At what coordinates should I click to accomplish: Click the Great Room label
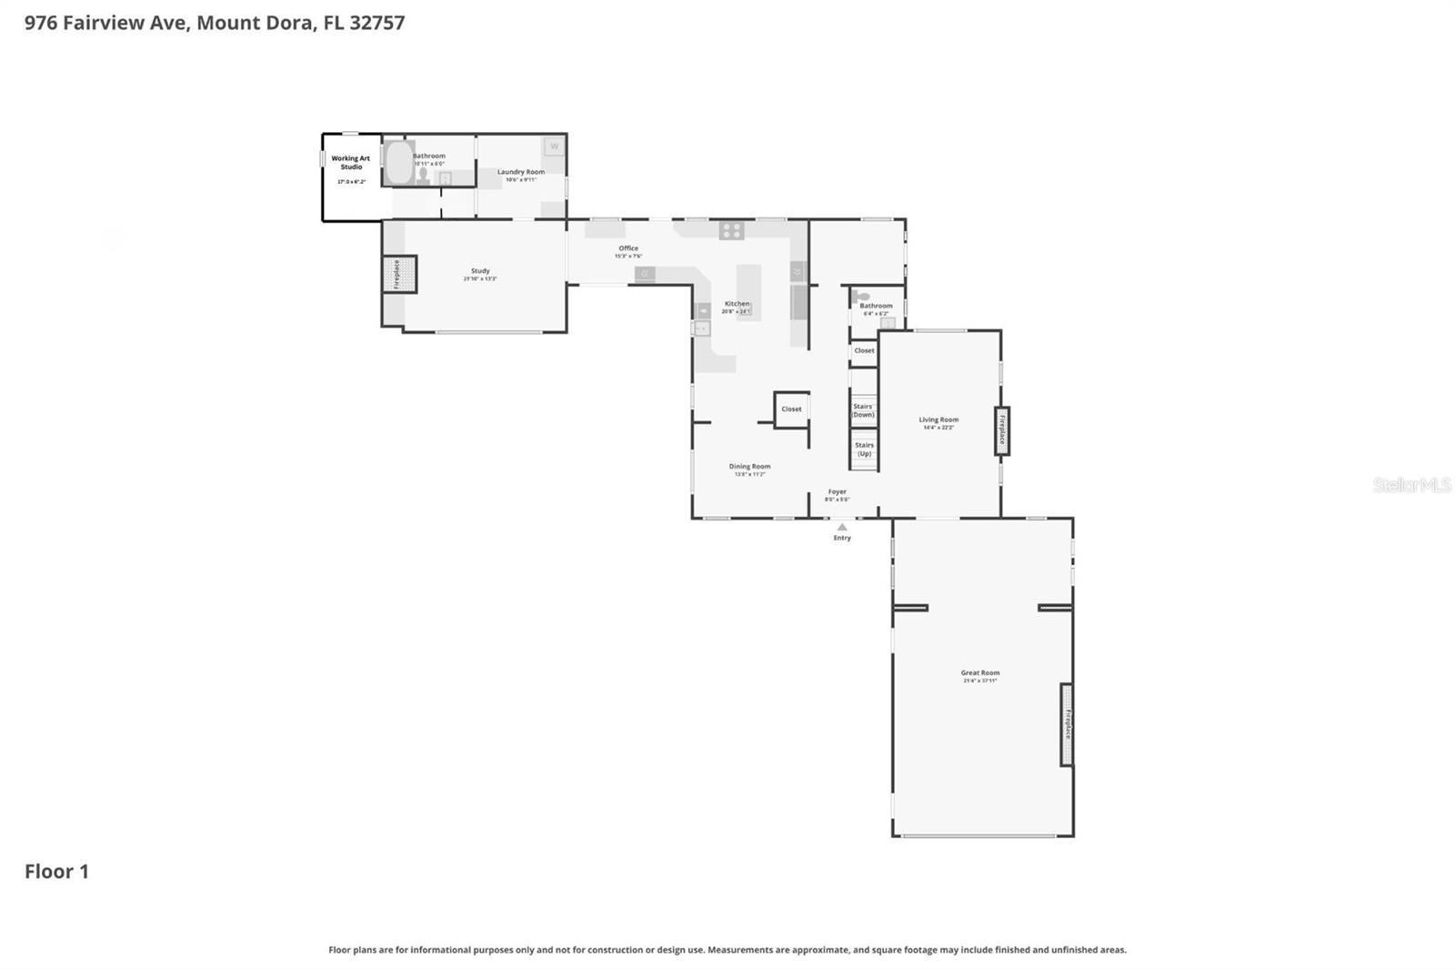click(979, 673)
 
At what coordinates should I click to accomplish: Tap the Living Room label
click(938, 420)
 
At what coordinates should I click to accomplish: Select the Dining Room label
click(749, 467)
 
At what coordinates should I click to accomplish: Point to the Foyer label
click(837, 492)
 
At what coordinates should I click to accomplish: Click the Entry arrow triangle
click(842, 527)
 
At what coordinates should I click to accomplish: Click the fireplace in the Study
click(398, 274)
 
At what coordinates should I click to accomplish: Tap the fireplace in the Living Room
click(1002, 430)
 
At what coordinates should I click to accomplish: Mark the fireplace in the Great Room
click(1067, 724)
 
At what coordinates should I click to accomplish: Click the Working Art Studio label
click(351, 162)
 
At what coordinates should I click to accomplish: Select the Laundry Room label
click(521, 172)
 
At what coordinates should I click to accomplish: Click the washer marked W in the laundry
click(554, 147)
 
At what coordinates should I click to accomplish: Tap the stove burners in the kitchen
click(732, 230)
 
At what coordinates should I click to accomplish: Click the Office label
click(628, 248)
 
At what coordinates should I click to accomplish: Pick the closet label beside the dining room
click(791, 409)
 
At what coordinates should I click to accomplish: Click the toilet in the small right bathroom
click(862, 297)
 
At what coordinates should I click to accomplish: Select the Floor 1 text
click(56, 872)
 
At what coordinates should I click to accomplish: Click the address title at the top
click(215, 23)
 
